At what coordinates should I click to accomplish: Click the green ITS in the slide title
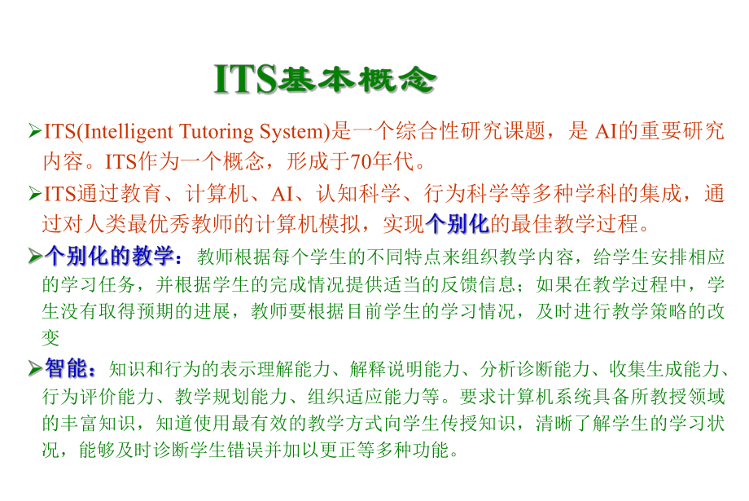(244, 78)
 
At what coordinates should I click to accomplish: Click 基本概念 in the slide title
(358, 79)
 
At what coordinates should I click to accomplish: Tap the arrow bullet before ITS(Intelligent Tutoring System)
(34, 131)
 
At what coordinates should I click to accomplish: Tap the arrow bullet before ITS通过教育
(34, 194)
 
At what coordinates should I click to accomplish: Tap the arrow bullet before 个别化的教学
(34, 257)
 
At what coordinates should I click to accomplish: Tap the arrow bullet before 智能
(34, 370)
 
